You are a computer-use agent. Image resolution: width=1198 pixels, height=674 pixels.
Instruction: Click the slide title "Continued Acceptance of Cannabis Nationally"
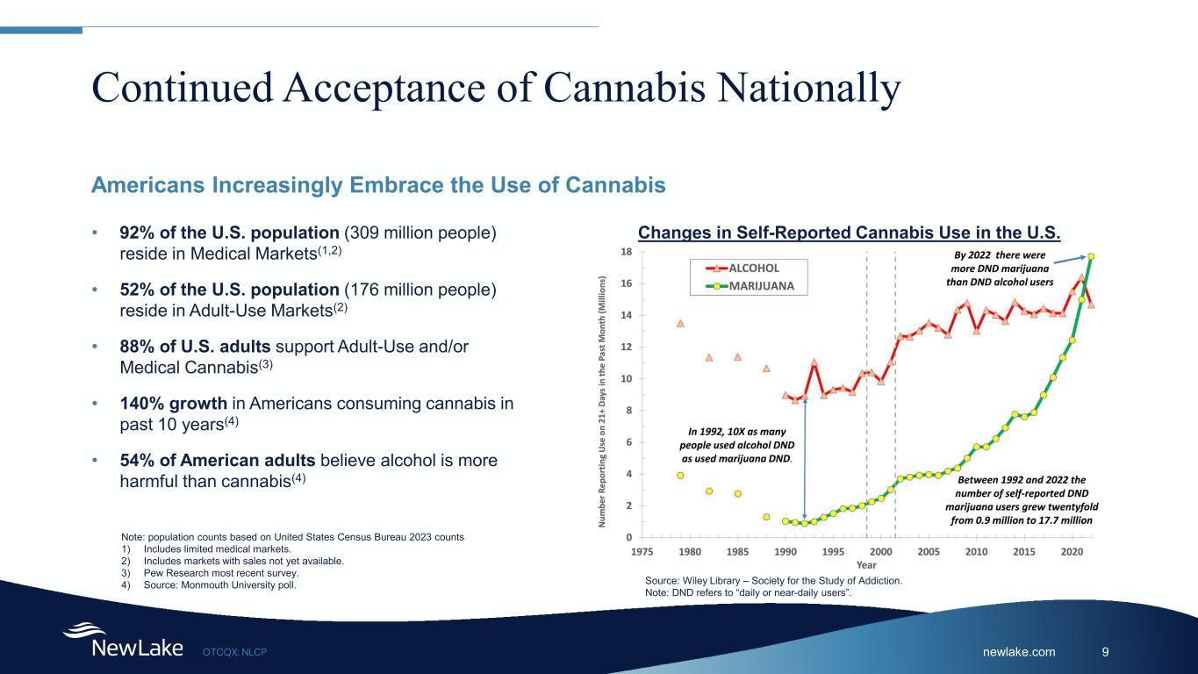coord(497,89)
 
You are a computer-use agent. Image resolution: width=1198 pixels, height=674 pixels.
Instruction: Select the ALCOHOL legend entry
coord(754,268)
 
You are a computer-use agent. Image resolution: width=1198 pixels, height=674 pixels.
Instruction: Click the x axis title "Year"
coord(866,565)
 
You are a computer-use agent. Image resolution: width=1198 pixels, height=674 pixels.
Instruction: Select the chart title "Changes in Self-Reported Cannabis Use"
coord(849,233)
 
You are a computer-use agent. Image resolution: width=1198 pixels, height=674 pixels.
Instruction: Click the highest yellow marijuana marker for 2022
coord(1090,256)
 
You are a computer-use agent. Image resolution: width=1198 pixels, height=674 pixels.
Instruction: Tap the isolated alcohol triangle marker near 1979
coord(680,323)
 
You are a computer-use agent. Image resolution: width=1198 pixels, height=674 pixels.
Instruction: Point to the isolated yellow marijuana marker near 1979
coord(680,476)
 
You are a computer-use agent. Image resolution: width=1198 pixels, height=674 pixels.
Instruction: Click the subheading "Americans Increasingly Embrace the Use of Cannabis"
coord(378,186)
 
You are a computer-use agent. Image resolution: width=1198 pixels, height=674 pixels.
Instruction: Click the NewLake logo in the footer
coord(122,642)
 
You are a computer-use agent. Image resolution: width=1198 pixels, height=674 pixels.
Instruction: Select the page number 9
coord(1105,651)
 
